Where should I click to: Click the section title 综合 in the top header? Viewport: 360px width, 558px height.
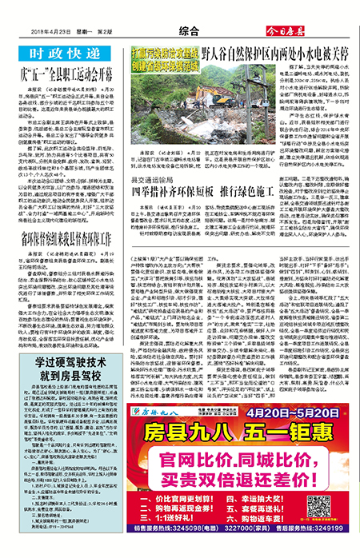(x=189, y=30)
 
